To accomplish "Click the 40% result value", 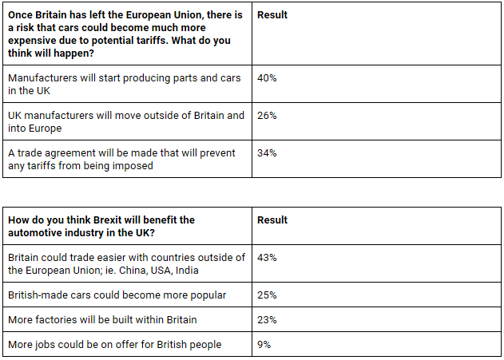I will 267,78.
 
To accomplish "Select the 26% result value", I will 267,116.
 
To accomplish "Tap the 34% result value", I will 267,153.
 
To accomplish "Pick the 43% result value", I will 267,258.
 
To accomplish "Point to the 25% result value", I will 267,295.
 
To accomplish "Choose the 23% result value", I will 267,320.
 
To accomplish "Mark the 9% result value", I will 264,345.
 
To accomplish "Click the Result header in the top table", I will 272,15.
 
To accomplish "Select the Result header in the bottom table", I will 272,220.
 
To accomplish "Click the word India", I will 187,271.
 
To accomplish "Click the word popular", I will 208,295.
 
